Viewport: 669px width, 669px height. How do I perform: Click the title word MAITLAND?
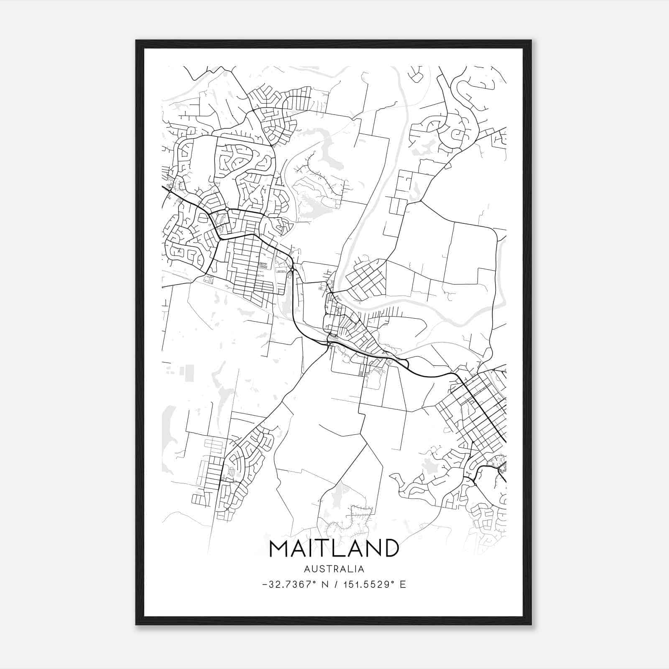click(x=334, y=548)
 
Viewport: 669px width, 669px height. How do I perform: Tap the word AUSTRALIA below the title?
click(x=334, y=569)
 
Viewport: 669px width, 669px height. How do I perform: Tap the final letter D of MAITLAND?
click(x=390, y=548)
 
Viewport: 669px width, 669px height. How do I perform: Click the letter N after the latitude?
click(x=324, y=585)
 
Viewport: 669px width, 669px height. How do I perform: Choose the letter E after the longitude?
click(x=403, y=585)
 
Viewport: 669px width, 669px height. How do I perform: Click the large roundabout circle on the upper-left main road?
click(x=227, y=209)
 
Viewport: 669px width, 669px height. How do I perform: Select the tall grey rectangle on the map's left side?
click(x=189, y=373)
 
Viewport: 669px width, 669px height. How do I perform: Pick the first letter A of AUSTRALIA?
click(x=307, y=569)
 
